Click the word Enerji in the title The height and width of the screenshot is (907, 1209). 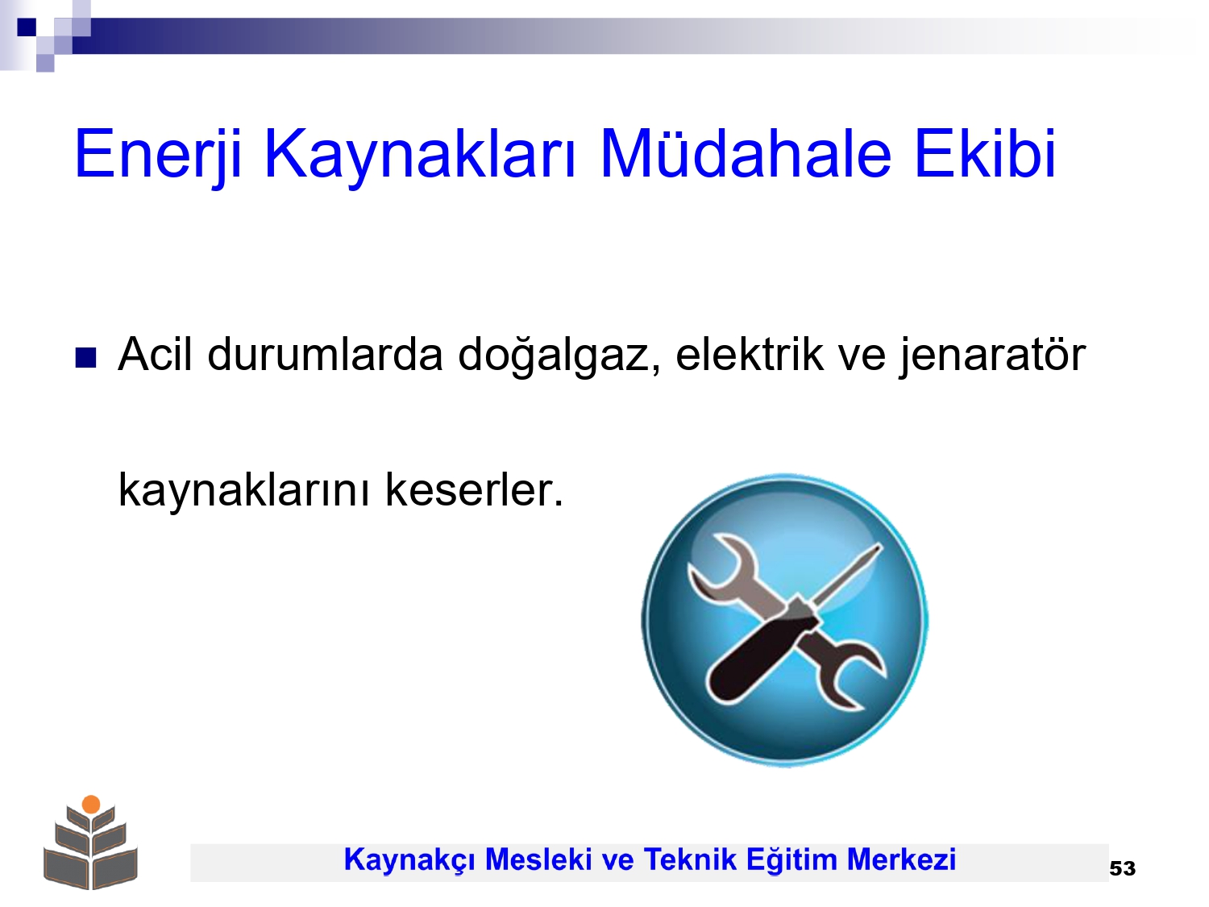click(158, 154)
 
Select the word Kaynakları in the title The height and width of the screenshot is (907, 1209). click(421, 154)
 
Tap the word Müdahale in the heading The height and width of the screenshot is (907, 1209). click(746, 153)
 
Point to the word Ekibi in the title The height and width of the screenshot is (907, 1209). click(985, 153)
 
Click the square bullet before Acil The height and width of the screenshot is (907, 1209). click(85, 357)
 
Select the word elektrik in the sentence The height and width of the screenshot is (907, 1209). click(749, 354)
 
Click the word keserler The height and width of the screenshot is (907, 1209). click(474, 489)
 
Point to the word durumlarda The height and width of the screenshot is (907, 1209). click(325, 354)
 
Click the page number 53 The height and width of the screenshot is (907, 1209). click(1123, 868)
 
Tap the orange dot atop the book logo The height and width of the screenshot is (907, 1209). click(91, 804)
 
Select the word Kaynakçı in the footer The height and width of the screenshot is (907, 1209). click(409, 860)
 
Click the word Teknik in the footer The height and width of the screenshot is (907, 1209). click(690, 859)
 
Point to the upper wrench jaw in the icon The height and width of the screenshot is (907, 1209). click(716, 568)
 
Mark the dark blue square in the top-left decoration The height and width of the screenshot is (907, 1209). click(27, 27)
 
